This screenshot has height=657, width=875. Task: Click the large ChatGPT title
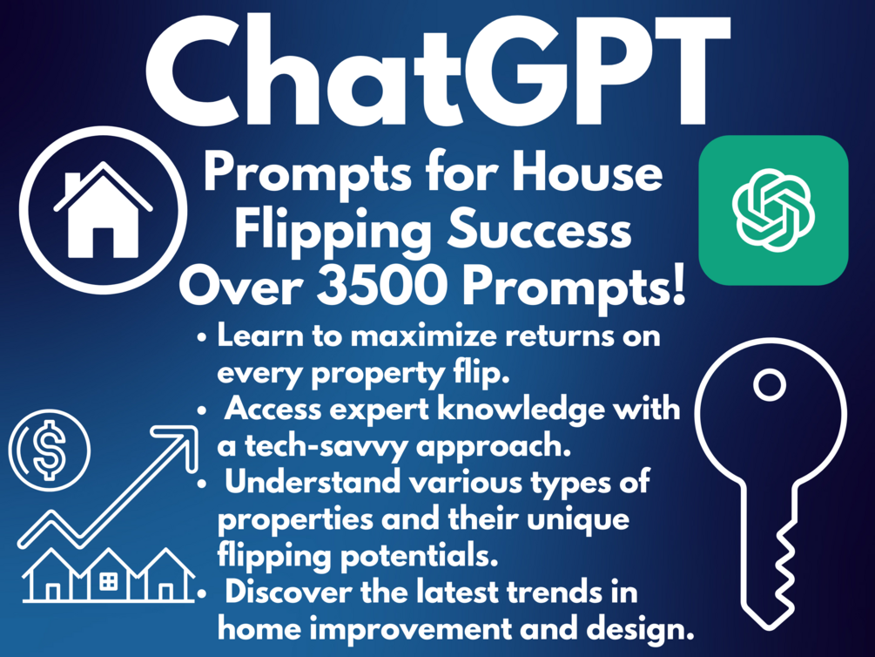point(437,71)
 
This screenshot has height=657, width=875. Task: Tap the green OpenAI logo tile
point(772,209)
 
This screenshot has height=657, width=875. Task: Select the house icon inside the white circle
point(102,212)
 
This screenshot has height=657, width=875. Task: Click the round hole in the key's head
point(769,384)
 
